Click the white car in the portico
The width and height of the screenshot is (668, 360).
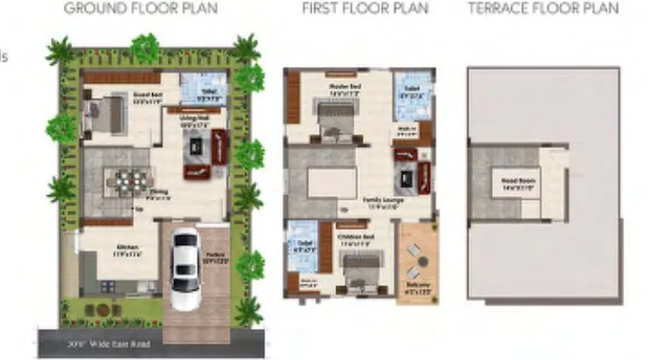click(184, 267)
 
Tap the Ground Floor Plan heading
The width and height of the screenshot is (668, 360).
click(141, 9)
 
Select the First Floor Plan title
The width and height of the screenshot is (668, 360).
click(365, 9)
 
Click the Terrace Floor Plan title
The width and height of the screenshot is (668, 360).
click(543, 9)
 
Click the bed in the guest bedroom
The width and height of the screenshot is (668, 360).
click(104, 115)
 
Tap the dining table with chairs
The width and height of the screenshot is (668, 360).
click(129, 181)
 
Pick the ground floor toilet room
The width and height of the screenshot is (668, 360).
click(203, 89)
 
